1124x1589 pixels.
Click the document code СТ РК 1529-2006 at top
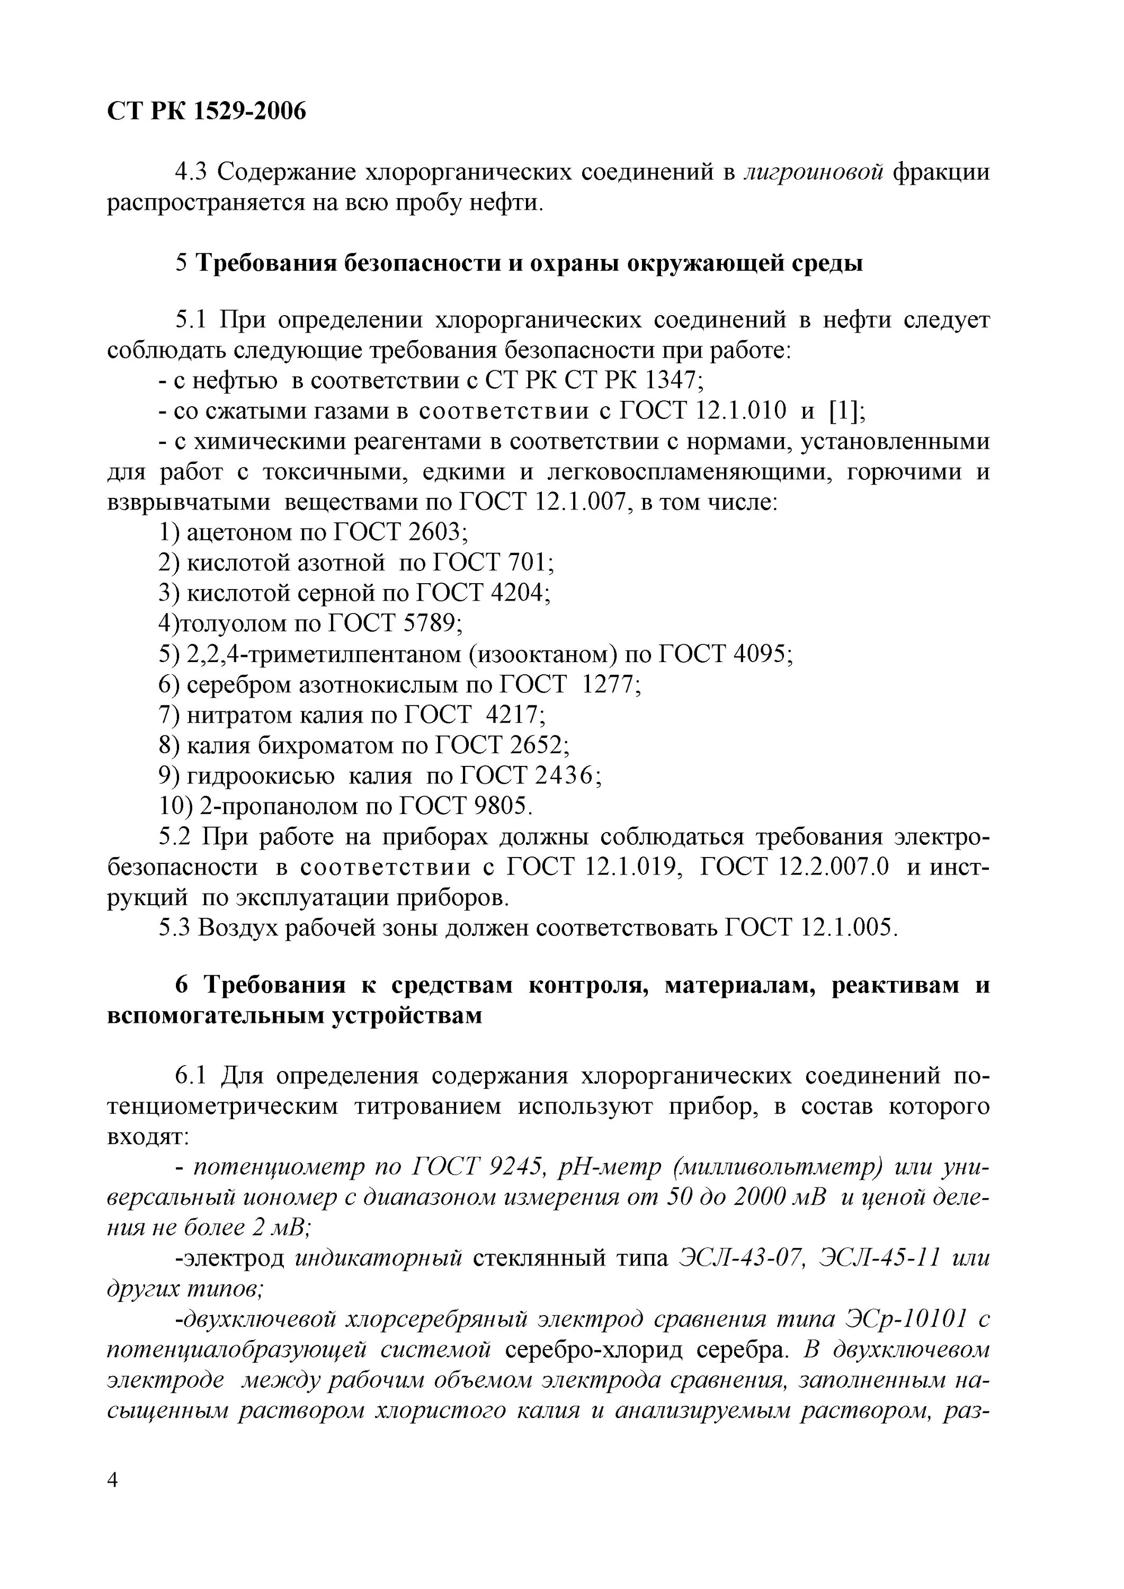point(206,111)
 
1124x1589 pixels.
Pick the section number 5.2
point(174,837)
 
